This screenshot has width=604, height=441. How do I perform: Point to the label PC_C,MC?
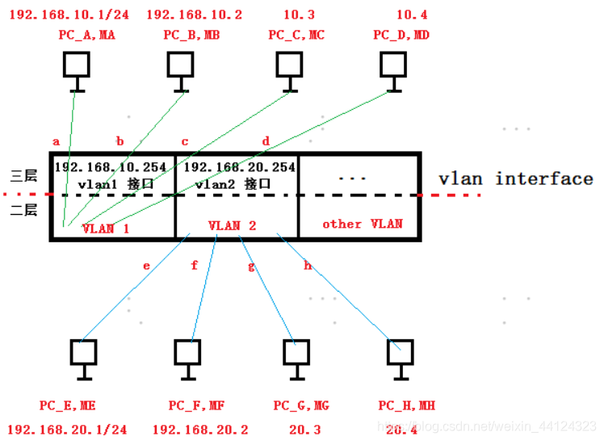tap(296, 34)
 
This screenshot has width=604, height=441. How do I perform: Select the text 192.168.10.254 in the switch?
tap(111, 167)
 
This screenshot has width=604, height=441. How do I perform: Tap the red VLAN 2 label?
tap(232, 225)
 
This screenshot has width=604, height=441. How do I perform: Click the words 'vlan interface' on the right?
tap(515, 178)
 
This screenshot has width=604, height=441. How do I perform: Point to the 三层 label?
tap(23, 176)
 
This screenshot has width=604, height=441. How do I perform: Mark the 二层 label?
tap(23, 210)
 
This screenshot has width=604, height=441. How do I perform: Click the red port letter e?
tap(146, 265)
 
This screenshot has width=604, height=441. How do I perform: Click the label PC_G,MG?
tap(301, 405)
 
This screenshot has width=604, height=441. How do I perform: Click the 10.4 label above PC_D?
tap(412, 14)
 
